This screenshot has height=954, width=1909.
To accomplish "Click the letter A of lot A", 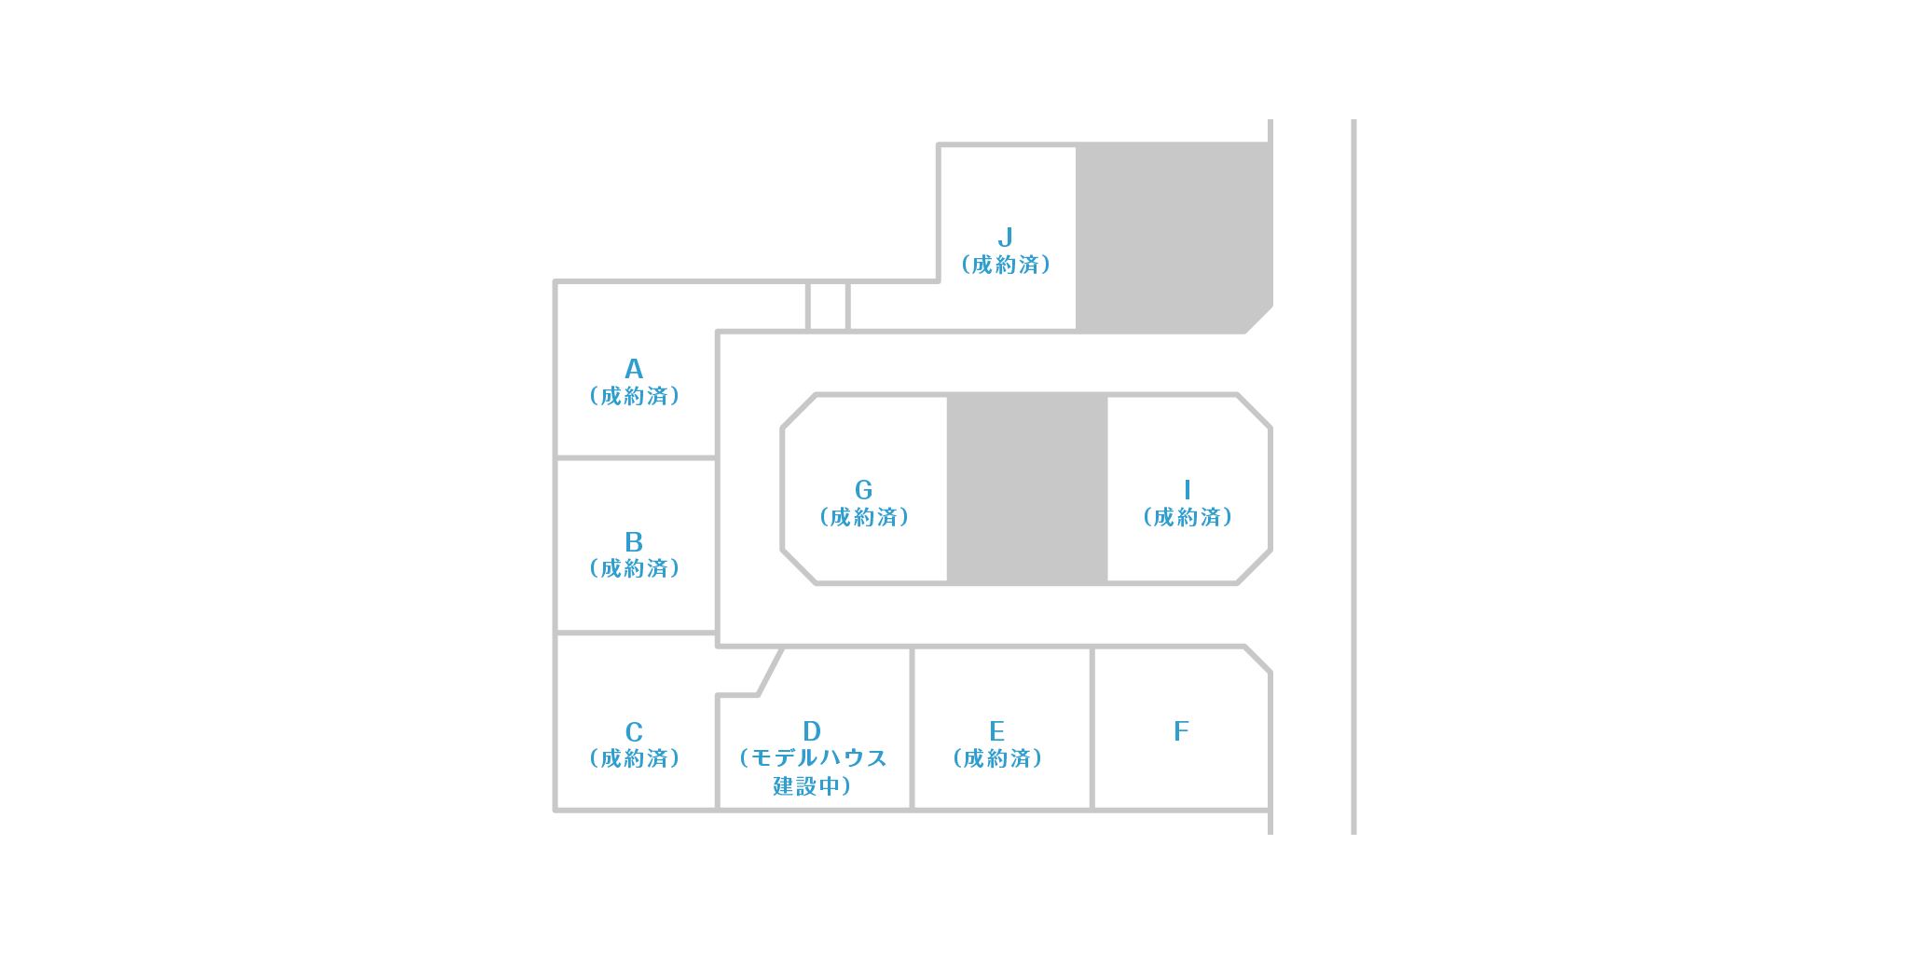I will point(634,369).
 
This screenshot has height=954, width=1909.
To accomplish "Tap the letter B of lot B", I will point(634,541).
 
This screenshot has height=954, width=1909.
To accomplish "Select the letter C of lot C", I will point(634,731).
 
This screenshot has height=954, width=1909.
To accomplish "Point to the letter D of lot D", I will point(812,731).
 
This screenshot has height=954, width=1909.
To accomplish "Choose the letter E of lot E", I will point(997,731).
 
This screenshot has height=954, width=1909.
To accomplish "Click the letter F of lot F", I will point(1182,731).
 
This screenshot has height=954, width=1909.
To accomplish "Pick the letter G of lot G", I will point(864,490).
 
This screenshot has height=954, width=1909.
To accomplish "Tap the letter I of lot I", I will point(1187,490).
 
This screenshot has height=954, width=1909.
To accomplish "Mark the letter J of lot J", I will point(1005,238).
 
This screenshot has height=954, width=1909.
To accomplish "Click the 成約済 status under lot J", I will point(1006,266).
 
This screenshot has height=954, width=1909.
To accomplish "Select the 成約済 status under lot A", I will point(634,397).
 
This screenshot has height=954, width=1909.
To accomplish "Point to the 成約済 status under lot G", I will point(864,518).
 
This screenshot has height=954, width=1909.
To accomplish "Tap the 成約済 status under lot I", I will point(1188,518).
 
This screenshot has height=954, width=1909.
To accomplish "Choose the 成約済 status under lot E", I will point(997,759).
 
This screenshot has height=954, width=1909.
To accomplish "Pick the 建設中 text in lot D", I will point(807,787).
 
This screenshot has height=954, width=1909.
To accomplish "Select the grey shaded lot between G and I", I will point(1027,490).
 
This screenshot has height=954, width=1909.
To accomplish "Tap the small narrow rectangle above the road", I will point(827,306).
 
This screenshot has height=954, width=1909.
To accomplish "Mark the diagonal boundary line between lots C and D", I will point(771,672).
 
